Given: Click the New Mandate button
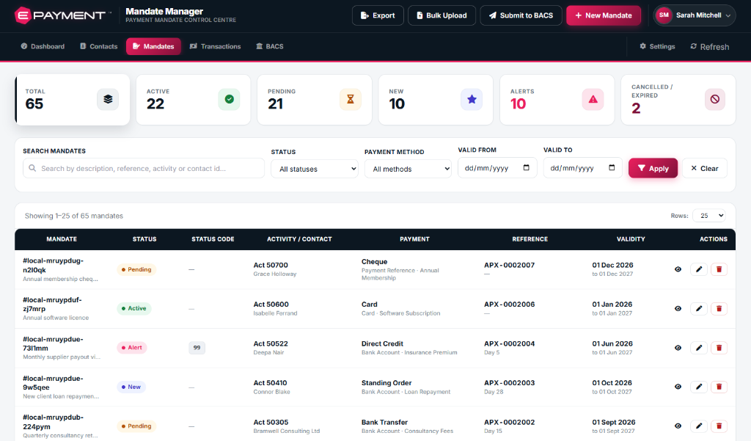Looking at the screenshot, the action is pos(604,15).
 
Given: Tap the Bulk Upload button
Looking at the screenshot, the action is pos(442,15).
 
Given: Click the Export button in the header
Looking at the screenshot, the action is pos(378,15).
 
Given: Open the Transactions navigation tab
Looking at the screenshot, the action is pos(215,46).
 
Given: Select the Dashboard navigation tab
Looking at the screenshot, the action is pos(43,46).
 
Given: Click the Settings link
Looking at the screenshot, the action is pos(657,46).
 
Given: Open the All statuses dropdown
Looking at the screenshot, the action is pos(315,169).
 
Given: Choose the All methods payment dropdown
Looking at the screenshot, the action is pos(408,169).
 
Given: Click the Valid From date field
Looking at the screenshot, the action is pos(497,168).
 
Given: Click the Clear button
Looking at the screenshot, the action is pos(705,168).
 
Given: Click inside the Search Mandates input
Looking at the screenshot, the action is pos(144,168).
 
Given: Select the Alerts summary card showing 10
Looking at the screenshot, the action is pos(557,100).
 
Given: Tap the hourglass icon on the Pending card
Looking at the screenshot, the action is pos(351,99).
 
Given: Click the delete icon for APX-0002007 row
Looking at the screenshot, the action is pos(719,269).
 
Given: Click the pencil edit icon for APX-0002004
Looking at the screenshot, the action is pos(699,348).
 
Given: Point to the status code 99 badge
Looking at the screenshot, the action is pos(197,348).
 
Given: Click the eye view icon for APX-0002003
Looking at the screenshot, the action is pos(678,387).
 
